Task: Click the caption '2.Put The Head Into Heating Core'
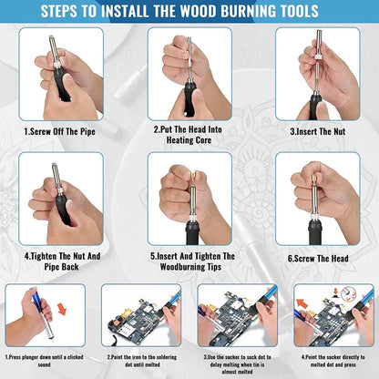click(189, 137)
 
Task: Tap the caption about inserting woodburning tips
click(189, 262)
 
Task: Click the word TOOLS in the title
click(297, 12)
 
